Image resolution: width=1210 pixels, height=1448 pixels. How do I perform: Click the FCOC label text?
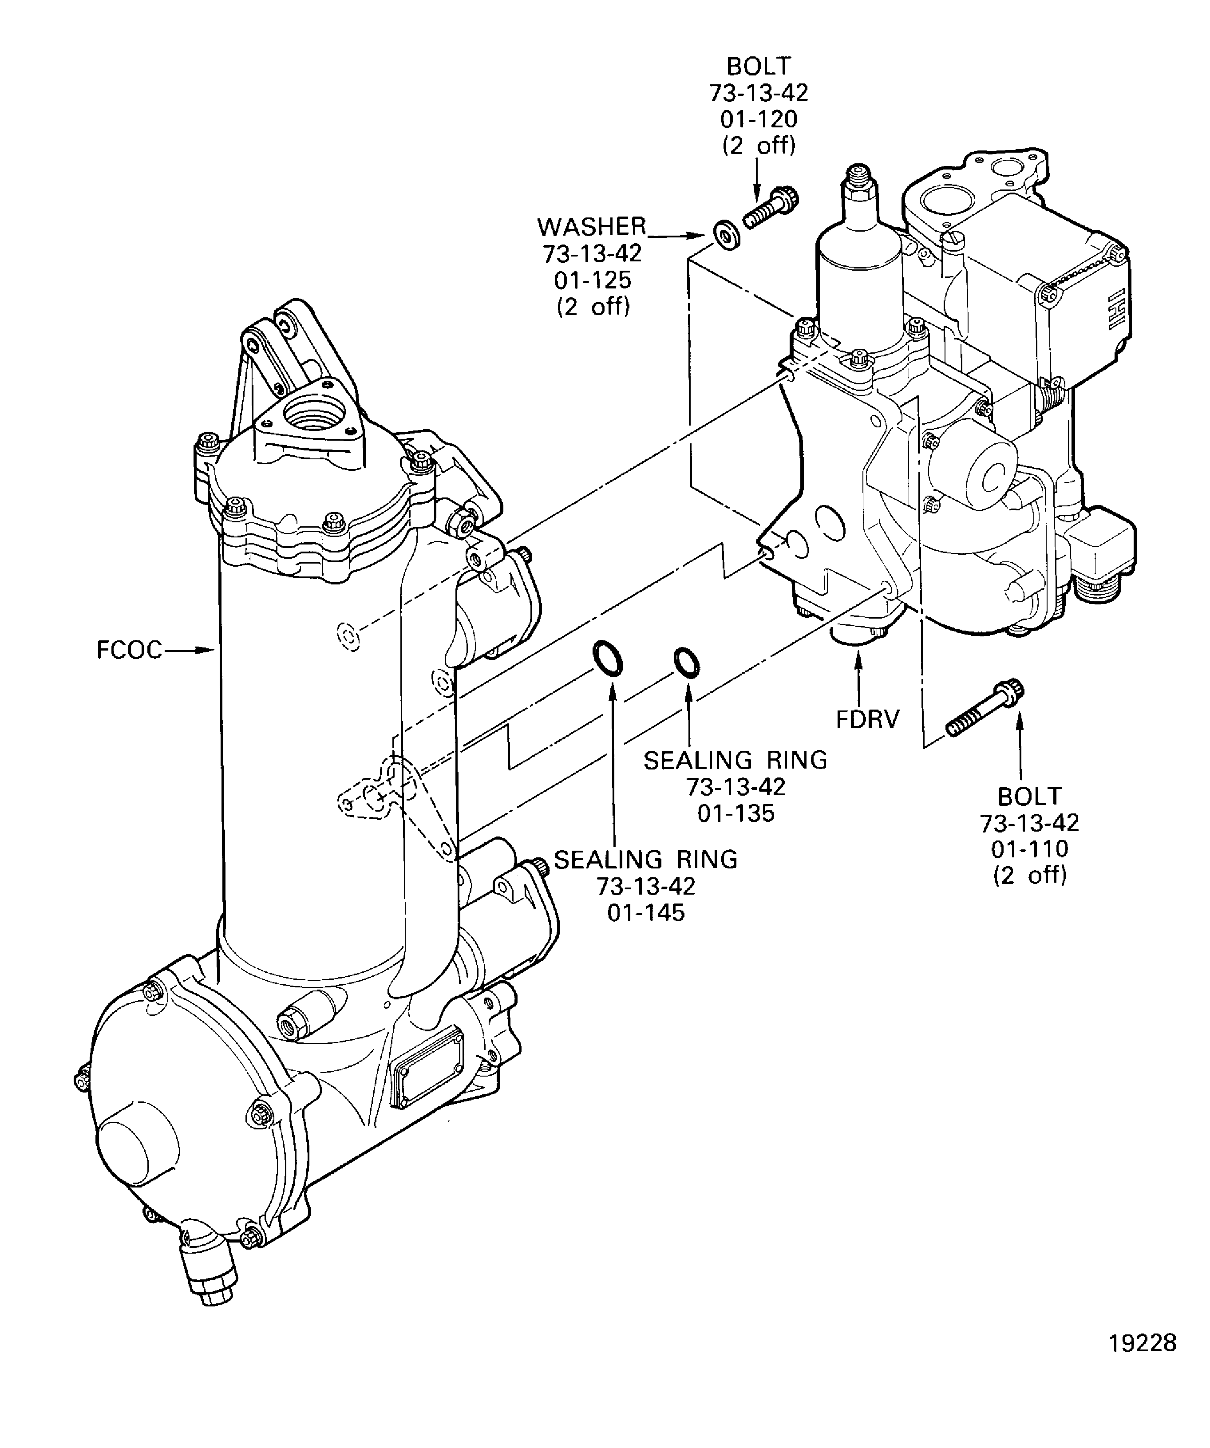(129, 650)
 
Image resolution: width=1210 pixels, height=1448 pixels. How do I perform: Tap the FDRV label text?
(868, 720)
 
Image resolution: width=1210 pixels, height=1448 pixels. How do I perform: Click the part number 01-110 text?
(1029, 849)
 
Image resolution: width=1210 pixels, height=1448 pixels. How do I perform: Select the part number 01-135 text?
(736, 813)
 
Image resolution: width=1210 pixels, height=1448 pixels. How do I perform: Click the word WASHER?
(592, 227)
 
